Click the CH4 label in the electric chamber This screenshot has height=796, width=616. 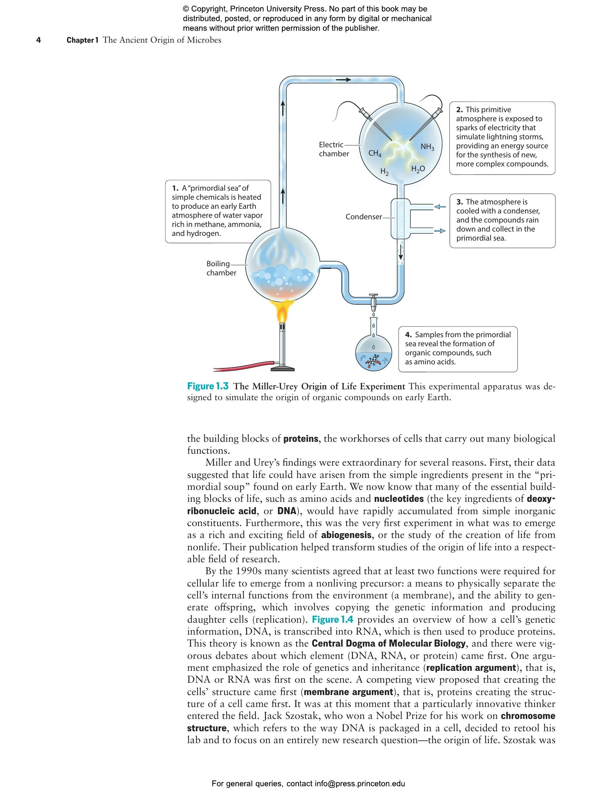[375, 153]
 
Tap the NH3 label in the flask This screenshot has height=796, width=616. [427, 147]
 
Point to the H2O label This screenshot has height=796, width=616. [418, 169]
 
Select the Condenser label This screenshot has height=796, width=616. [363, 217]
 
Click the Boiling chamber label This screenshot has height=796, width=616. [221, 268]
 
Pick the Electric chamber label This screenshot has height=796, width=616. [333, 149]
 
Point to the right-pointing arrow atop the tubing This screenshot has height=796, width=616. [343, 79]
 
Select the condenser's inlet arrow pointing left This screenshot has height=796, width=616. [440, 207]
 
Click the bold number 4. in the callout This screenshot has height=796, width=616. [408, 335]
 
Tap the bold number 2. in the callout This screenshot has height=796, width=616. [459, 110]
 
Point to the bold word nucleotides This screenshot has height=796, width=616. [399, 499]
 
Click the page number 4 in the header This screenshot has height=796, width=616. [38, 40]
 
